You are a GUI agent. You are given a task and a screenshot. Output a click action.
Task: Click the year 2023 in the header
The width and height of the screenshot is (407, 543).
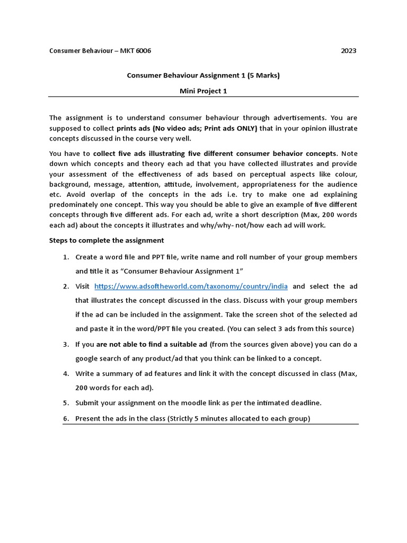(348, 51)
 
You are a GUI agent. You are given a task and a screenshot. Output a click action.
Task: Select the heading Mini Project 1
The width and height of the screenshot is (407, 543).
(203, 91)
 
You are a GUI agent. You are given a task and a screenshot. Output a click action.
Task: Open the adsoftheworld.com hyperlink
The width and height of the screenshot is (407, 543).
(191, 286)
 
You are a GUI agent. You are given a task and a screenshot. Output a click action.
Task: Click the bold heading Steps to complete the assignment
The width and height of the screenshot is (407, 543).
(107, 240)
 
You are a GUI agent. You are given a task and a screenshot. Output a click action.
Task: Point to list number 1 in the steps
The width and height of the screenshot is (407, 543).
(66, 257)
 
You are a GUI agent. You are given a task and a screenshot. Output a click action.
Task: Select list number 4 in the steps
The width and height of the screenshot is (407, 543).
(66, 373)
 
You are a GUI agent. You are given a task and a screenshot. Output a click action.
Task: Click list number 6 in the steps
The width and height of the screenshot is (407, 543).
(66, 418)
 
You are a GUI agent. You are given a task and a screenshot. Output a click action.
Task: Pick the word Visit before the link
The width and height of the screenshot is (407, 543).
(83, 286)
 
